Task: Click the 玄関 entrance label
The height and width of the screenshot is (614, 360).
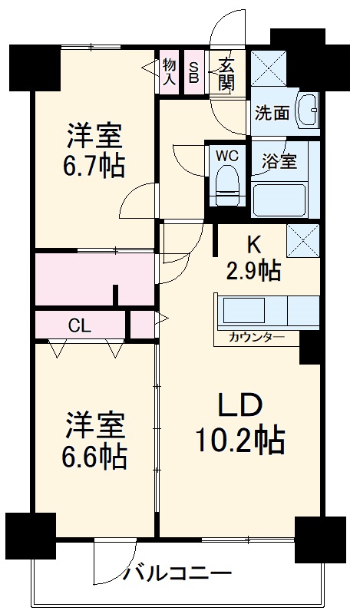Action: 227,72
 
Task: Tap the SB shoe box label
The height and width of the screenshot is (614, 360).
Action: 194,72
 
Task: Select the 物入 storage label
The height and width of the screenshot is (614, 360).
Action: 170,72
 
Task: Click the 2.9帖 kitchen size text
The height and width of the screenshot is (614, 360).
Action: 253,270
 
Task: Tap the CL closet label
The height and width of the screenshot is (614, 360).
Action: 80,325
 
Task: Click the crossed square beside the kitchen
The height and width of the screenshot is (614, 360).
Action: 302,241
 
